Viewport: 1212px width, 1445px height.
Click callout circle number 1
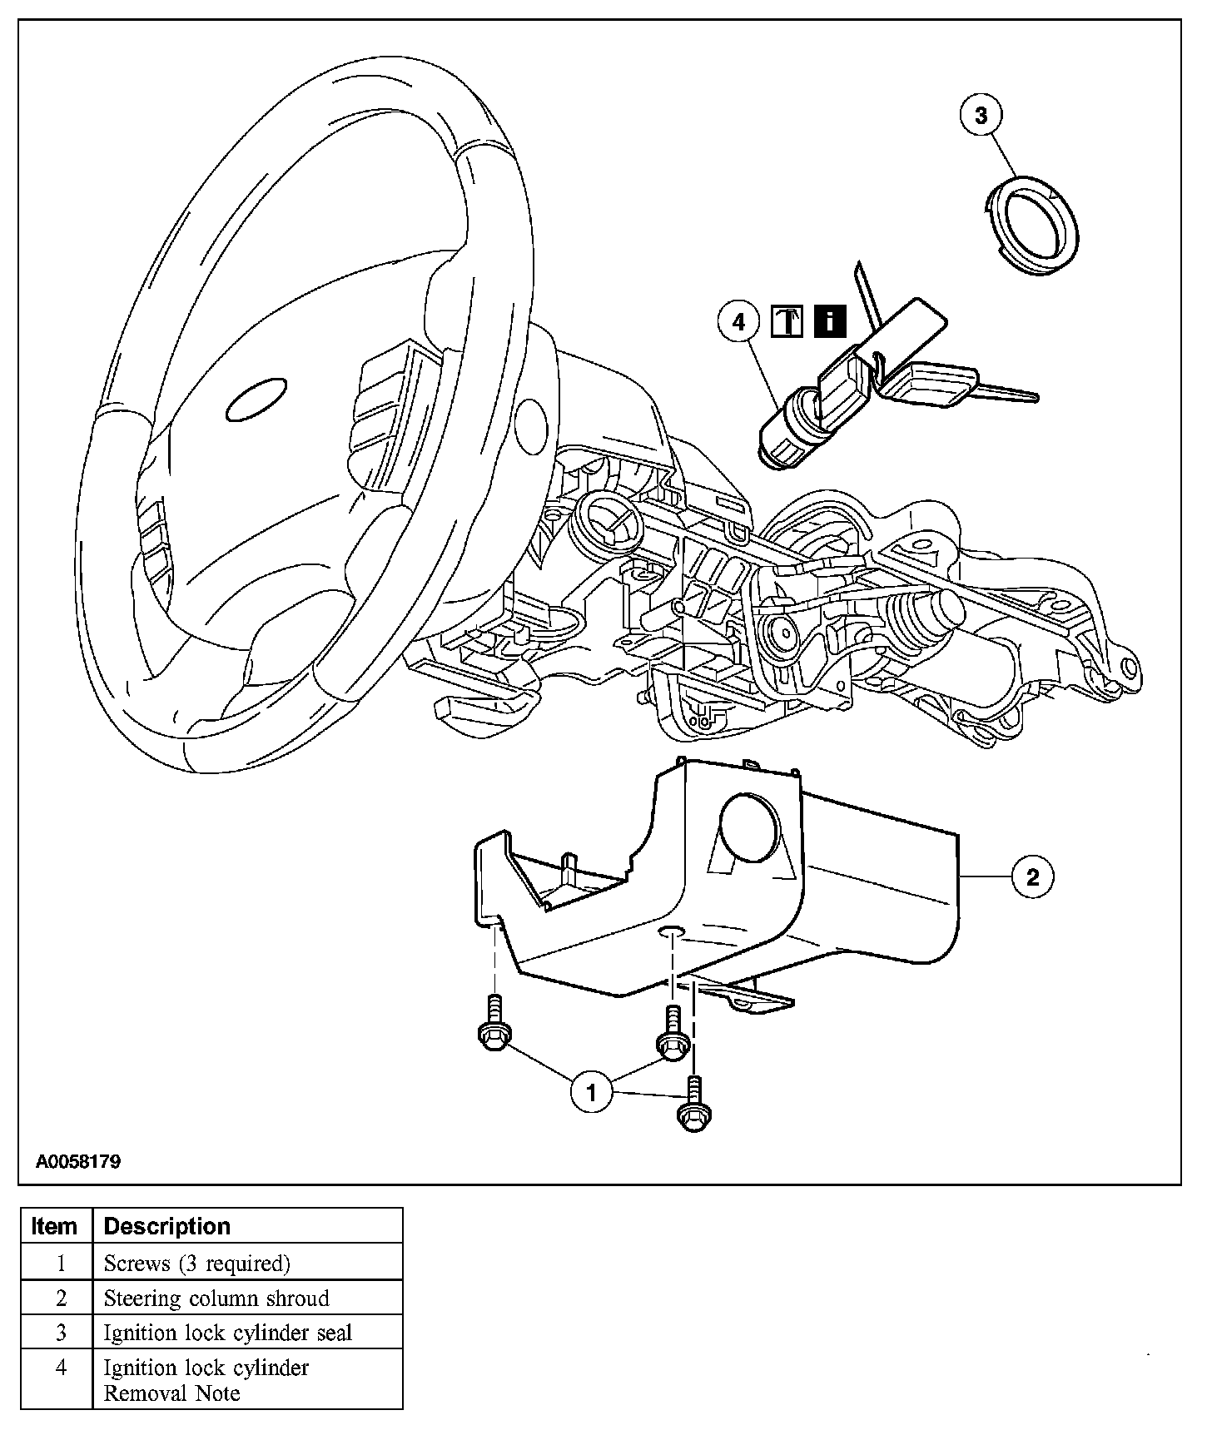(x=591, y=1091)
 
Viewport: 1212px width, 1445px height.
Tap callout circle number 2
(x=1033, y=876)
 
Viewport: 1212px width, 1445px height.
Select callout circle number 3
(x=981, y=116)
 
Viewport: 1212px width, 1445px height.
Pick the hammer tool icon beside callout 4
(x=787, y=321)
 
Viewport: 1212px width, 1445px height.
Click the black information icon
(x=830, y=321)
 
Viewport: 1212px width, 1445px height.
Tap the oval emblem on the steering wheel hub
(x=257, y=400)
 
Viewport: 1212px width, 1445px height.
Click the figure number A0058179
(x=78, y=1161)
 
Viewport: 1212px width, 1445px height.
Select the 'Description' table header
(x=166, y=1226)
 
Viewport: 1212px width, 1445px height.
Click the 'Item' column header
(x=55, y=1226)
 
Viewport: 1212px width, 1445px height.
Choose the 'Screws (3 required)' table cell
(x=196, y=1264)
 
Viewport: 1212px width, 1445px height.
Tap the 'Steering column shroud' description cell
(x=216, y=1299)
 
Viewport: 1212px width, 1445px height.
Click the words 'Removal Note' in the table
(x=171, y=1393)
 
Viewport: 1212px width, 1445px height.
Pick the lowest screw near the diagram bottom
(x=695, y=1106)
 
